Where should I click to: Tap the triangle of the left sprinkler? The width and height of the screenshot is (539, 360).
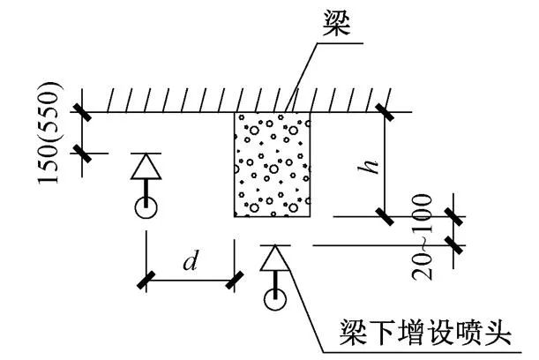coord(145,167)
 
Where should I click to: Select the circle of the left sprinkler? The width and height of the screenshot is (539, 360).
coord(146,208)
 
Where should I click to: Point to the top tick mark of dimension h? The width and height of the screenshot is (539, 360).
coord(385,112)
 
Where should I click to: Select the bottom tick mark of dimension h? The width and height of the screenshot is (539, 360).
coord(385,215)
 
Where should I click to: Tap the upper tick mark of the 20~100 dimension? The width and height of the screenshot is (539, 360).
coord(455,216)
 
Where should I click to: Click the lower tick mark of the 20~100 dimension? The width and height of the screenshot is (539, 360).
coord(455,244)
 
